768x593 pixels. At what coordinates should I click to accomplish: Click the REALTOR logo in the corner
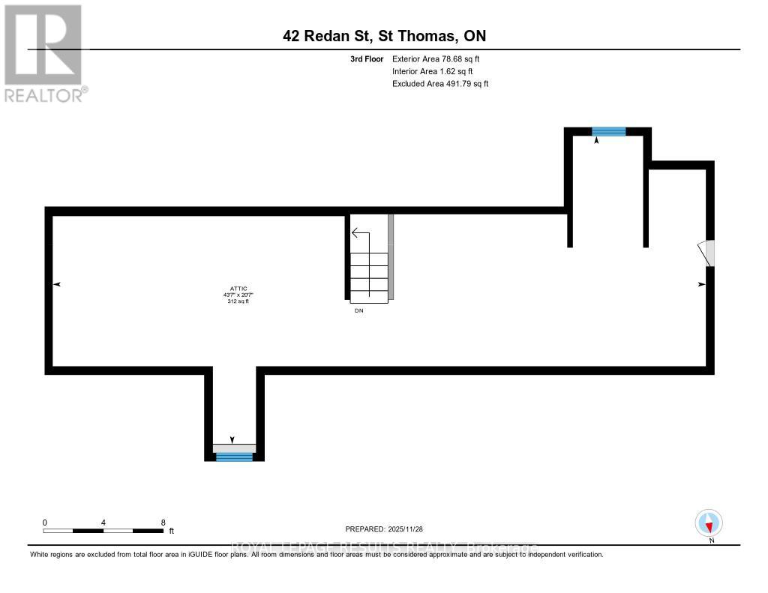[44, 53]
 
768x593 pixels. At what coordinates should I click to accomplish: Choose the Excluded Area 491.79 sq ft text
[440, 84]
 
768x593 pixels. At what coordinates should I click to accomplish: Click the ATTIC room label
[239, 288]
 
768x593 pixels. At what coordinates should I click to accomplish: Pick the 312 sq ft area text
[239, 301]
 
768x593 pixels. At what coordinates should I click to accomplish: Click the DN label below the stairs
[359, 310]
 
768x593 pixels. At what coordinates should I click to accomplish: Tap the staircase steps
[369, 277]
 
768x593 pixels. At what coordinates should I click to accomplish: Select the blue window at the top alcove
[608, 131]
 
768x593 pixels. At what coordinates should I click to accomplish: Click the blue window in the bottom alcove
[234, 456]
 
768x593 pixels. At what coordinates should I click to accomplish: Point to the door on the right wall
[707, 253]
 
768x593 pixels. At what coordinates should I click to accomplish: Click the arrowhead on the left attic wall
[57, 284]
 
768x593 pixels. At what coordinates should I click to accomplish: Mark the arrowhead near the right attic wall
[702, 284]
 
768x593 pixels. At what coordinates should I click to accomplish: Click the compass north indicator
[708, 523]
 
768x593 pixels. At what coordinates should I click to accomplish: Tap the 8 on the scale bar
[163, 522]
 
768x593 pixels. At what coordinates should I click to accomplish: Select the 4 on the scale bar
[103, 522]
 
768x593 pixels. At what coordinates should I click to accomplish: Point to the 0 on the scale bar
[45, 522]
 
